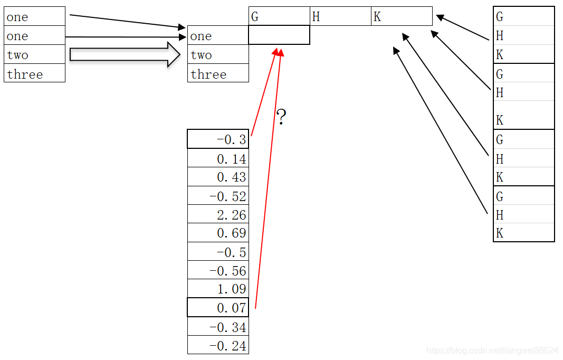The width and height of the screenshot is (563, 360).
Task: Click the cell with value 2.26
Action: point(218,215)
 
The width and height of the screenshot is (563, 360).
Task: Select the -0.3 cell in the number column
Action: point(218,139)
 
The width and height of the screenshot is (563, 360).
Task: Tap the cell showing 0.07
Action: point(218,307)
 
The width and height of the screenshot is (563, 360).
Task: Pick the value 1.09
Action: point(218,289)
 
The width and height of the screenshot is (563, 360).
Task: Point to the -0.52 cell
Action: point(218,196)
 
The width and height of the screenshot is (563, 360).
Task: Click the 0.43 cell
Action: point(218,177)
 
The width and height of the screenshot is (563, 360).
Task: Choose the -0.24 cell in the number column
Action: point(218,346)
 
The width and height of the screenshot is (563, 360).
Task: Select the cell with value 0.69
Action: point(218,233)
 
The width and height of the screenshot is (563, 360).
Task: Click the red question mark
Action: point(281,117)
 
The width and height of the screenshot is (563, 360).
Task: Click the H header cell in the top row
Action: point(340,16)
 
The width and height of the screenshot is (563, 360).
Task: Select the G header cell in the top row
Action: point(279,16)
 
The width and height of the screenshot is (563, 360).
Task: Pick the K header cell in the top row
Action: point(402,16)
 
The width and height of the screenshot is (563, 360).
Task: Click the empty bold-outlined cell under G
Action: point(279,35)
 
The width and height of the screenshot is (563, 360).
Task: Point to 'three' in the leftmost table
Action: point(34,74)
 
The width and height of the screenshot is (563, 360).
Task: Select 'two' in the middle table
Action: point(218,55)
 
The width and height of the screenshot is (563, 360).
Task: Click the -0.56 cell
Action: point(218,271)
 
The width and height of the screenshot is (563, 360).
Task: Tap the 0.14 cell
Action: point(218,158)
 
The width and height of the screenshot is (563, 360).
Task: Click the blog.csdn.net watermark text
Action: point(492,350)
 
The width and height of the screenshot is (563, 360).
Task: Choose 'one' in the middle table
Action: point(218,36)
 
